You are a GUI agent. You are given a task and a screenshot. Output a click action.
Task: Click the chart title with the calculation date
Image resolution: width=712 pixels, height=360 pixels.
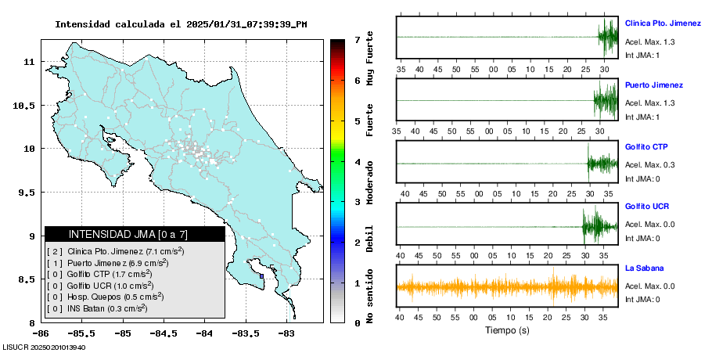coord(181,24)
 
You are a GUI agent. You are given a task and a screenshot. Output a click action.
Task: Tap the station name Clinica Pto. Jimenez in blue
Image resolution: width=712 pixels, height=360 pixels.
coord(663,23)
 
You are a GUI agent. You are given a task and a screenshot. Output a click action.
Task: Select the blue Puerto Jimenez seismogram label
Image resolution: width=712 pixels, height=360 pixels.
coord(653,85)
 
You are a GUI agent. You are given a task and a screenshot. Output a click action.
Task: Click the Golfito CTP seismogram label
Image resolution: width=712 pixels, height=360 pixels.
coord(646,147)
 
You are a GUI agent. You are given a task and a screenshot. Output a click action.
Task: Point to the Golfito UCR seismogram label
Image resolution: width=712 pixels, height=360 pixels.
coord(646,207)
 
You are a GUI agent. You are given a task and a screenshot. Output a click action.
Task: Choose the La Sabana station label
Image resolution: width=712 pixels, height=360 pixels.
coord(643,268)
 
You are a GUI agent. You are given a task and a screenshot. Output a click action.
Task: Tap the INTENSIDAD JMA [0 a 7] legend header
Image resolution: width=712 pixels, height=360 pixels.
coord(135,234)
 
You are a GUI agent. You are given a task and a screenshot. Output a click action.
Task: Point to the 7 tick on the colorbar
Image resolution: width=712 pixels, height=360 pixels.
coord(357,39)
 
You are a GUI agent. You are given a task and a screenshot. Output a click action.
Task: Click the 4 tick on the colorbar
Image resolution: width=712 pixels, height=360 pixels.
coord(357,162)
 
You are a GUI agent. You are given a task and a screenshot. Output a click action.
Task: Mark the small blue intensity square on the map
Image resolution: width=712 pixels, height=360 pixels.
coord(261,275)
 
